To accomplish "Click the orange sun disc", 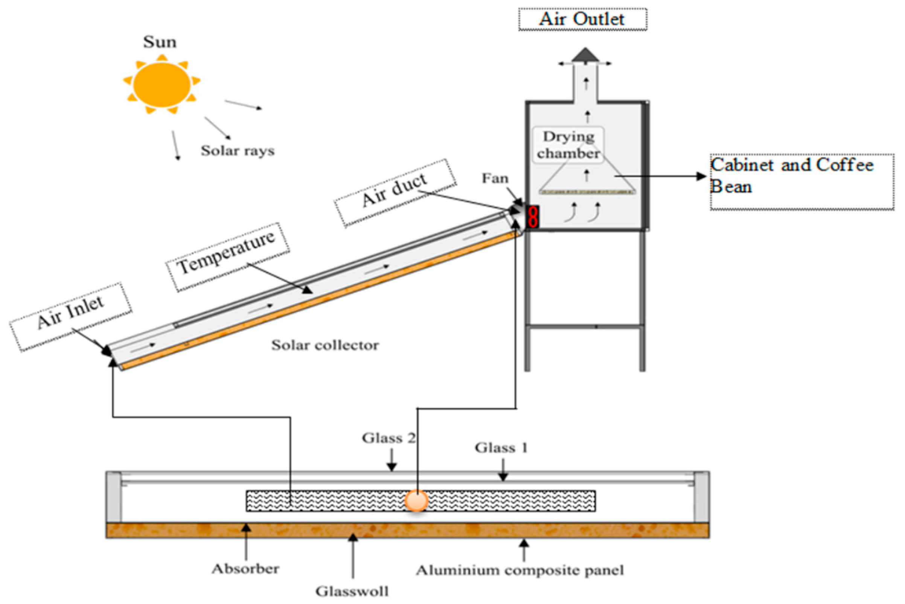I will pos(162,84).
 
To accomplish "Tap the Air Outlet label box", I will pos(582,19).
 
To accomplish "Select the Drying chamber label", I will pos(568,145).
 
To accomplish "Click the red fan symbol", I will pos(533,217).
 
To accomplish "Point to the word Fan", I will pos(495,178).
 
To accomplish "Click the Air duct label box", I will pos(395,192).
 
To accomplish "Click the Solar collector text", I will pos(325,345).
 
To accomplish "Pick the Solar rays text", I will pos(238,151).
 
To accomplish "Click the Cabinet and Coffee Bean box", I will pos(802,182).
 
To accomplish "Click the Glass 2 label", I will pos(388,438).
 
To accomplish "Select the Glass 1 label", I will pos(501,448).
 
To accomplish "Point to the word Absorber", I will pos(245,569).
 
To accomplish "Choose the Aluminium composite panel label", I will pos(520,570).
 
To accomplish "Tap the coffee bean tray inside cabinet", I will pos(587,191).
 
